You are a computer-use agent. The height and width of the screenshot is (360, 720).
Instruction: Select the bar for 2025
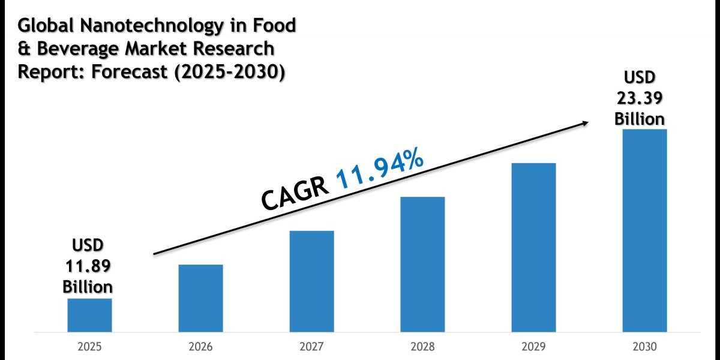tap(89, 315)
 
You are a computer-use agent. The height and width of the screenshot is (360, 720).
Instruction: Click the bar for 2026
tap(200, 298)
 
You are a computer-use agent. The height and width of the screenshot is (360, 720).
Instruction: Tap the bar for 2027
tap(311, 281)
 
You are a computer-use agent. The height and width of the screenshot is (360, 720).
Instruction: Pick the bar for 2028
tap(422, 264)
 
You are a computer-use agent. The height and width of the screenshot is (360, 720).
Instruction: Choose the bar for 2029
tap(533, 247)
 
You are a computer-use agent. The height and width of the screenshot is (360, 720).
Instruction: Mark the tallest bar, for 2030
tap(644, 230)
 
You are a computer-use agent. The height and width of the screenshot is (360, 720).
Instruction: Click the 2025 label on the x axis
tap(89, 347)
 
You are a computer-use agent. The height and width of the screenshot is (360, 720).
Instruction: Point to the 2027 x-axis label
tap(311, 347)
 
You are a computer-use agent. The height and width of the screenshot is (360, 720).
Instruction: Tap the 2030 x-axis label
tap(644, 347)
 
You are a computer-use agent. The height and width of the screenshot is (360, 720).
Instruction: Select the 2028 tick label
tap(422, 347)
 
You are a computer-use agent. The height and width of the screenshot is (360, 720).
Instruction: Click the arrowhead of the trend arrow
tap(584, 123)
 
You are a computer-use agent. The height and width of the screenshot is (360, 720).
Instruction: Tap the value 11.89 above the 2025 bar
tap(88, 265)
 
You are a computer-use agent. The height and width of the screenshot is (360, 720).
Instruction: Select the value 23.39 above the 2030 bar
tap(640, 98)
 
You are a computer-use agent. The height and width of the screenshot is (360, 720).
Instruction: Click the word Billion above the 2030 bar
tap(640, 118)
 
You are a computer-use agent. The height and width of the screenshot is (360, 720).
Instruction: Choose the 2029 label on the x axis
tap(533, 347)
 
